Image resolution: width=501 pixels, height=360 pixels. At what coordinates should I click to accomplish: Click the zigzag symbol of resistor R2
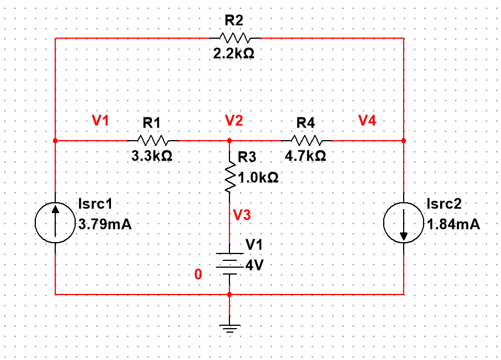(234, 38)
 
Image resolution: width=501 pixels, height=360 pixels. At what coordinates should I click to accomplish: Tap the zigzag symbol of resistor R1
(151, 140)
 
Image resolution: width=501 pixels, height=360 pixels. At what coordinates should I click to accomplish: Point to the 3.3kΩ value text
(151, 156)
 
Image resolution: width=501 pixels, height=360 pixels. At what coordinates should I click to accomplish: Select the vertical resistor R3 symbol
(229, 177)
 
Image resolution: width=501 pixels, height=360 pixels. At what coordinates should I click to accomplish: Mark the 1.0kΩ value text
(258, 178)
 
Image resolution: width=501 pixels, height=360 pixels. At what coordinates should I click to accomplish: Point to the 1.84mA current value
(453, 224)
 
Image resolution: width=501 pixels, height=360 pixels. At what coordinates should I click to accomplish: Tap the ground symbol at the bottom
(229, 328)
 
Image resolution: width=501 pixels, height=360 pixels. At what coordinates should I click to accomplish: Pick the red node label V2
(233, 120)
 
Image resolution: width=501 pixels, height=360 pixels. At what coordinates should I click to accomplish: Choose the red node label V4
(367, 120)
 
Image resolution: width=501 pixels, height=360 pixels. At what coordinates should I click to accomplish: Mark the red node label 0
(198, 275)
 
